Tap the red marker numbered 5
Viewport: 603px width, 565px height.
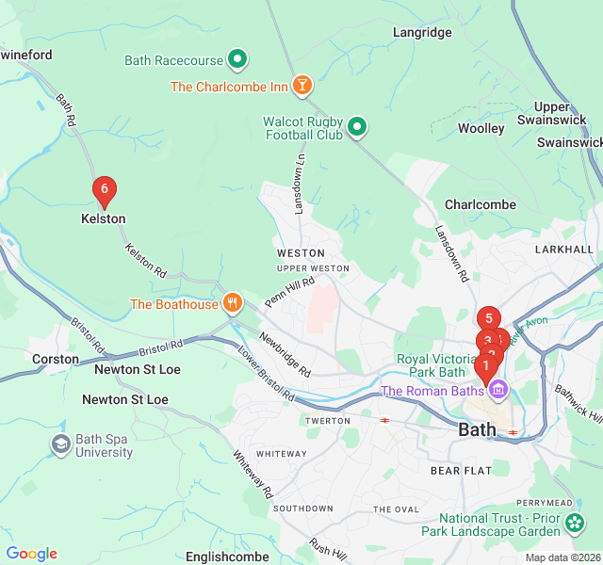[488, 319]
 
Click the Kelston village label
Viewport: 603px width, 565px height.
[103, 218]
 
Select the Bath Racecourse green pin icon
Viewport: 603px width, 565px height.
[238, 60]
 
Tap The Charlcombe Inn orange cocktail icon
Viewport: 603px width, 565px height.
[301, 87]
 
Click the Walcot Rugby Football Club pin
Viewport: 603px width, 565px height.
[357, 126]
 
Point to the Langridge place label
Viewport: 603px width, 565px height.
[422, 32]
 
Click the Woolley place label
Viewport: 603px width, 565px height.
[481, 128]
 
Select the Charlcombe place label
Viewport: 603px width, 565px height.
[481, 204]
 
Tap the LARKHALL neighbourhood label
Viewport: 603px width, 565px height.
[563, 250]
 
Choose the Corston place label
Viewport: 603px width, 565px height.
[56, 359]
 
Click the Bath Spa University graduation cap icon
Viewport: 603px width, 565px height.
[61, 444]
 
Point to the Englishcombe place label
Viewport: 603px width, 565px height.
[227, 557]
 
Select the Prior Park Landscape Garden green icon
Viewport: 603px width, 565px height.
[575, 521]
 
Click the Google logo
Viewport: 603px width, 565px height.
[31, 554]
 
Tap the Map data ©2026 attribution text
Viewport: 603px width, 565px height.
[562, 557]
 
